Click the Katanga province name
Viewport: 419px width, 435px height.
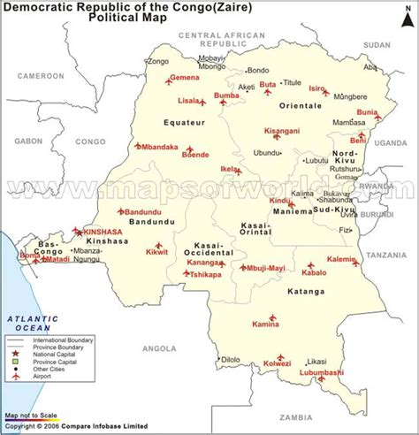[x=312, y=288]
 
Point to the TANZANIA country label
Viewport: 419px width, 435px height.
[x=385, y=255]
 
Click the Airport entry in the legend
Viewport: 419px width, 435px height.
[x=51, y=377]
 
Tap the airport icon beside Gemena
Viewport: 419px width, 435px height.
[x=169, y=81]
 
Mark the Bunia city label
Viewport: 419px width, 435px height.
[x=367, y=112]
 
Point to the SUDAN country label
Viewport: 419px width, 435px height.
[x=377, y=43]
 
